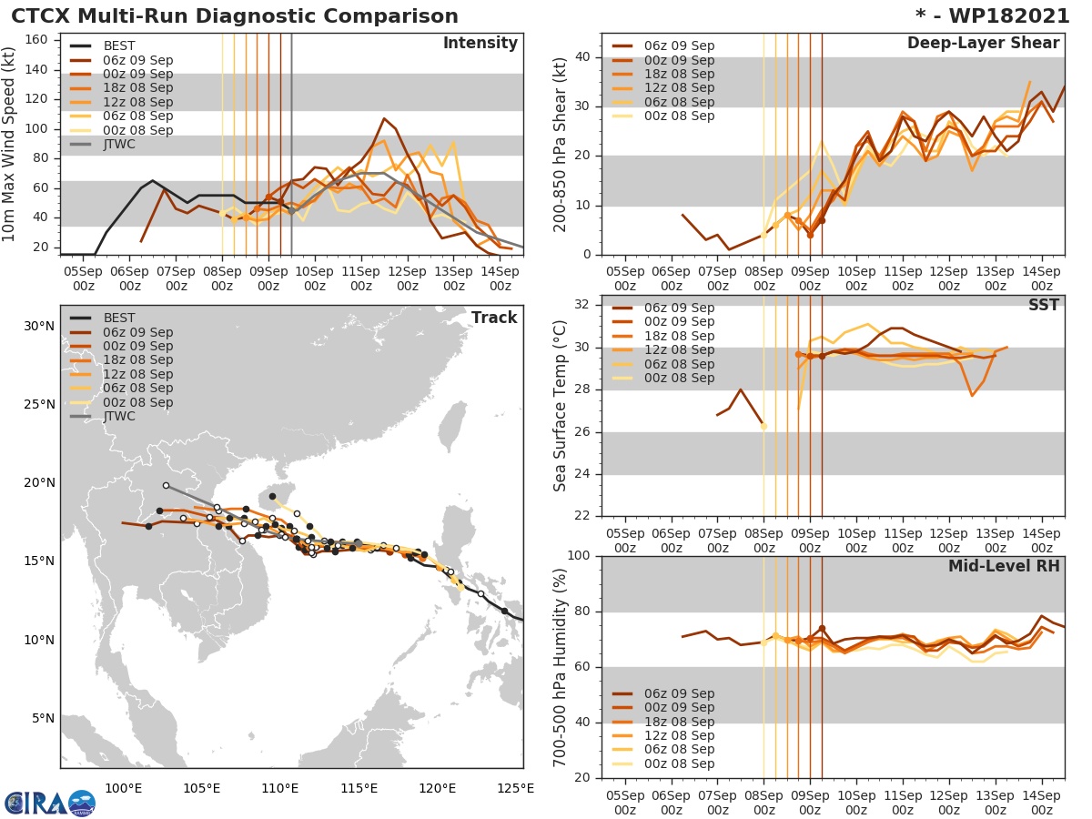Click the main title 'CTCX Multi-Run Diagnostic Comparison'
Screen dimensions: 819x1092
coord(235,16)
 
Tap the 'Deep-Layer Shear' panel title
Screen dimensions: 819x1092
coord(983,44)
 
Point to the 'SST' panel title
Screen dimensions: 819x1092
coord(1044,305)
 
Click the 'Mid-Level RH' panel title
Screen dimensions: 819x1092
coord(1004,566)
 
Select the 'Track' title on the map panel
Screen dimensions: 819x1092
coord(494,318)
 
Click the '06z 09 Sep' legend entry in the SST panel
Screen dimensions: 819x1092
coord(679,308)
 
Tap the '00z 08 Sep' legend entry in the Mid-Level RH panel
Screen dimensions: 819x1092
coord(679,763)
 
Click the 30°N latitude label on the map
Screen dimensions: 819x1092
coord(39,326)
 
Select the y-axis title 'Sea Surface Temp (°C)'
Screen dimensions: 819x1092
coord(561,407)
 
